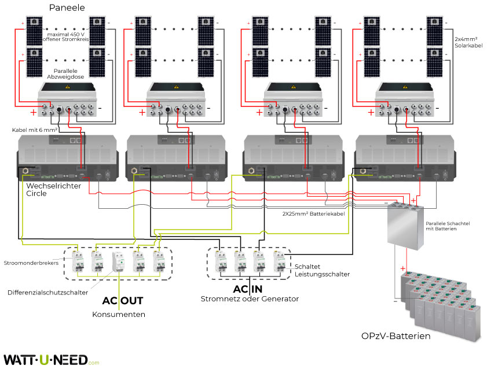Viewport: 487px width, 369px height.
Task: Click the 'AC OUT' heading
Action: [122, 301]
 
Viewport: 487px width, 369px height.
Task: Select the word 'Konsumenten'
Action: [119, 315]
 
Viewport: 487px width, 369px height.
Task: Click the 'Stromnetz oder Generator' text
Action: [250, 299]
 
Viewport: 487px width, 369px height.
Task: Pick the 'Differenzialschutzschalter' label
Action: [47, 293]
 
